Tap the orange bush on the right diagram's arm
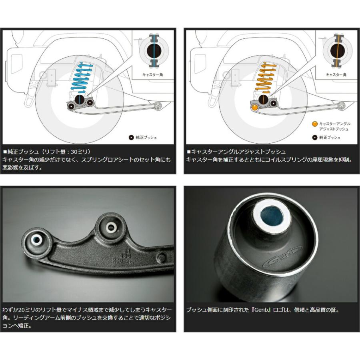coord(255,107)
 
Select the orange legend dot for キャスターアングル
coord(314,124)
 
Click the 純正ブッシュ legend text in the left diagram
coord(146,138)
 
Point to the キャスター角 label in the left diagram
coord(152,75)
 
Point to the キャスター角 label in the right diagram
coord(336,75)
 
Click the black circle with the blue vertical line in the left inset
coord(154,51)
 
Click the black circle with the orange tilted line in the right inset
coord(338,51)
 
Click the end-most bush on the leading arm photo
coord(37,240)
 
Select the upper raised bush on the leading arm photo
coord(111,227)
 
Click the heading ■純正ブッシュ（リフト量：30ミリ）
coord(47,152)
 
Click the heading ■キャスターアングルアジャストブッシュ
coord(236,152)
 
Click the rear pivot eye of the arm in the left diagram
coord(158,106)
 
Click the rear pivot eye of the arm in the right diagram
coord(342,106)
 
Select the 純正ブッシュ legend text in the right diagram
coord(330,138)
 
